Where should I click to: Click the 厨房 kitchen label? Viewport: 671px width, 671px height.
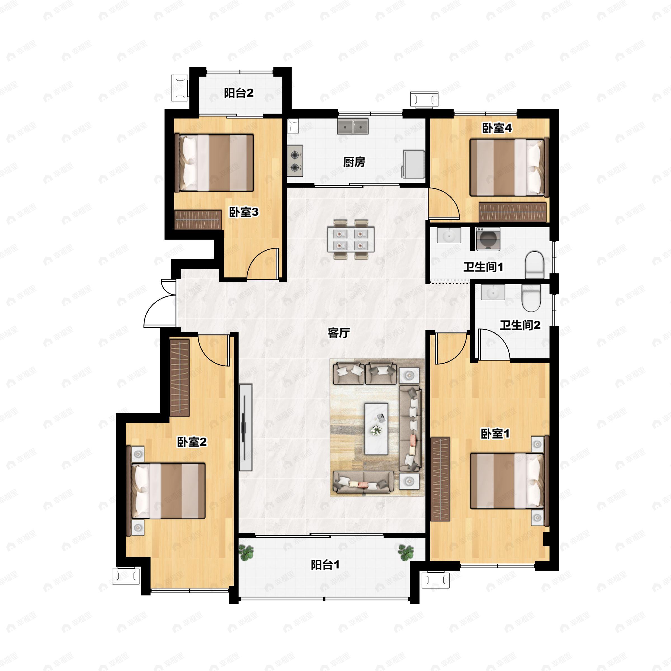click(x=354, y=162)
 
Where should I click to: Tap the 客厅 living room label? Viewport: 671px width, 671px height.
click(x=339, y=333)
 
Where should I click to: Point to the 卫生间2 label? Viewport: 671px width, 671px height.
click(x=520, y=325)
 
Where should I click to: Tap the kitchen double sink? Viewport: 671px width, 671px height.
click(x=353, y=127)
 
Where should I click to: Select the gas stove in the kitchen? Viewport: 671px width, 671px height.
click(x=295, y=160)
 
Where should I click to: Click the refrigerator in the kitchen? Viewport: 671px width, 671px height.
click(x=413, y=164)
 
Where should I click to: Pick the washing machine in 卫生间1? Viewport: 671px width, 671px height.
click(x=488, y=239)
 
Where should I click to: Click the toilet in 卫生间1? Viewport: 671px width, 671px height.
click(x=534, y=265)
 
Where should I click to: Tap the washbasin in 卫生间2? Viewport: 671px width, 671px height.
click(x=493, y=292)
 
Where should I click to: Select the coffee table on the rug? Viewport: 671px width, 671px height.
click(x=376, y=429)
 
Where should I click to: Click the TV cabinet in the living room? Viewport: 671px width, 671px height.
click(x=245, y=427)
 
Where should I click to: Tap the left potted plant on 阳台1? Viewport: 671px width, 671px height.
click(x=246, y=552)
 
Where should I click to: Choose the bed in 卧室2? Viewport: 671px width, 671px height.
click(x=168, y=491)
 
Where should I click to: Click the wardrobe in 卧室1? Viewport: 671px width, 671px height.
click(x=440, y=479)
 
